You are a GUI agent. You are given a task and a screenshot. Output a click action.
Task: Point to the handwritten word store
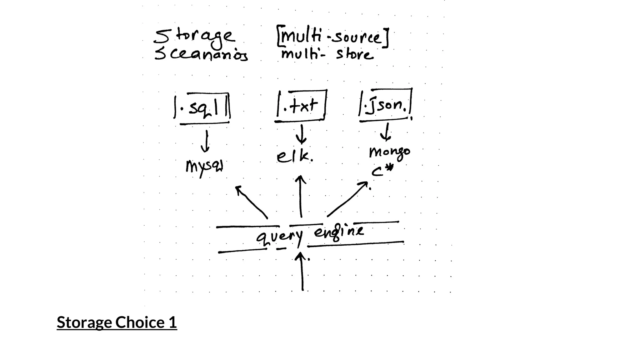point(355,55)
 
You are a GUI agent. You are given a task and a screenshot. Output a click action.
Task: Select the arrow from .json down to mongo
point(387,132)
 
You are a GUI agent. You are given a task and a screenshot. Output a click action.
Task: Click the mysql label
point(204,167)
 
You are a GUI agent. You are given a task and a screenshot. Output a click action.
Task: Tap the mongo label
point(389,152)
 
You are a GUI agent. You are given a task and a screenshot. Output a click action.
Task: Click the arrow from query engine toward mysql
point(251,202)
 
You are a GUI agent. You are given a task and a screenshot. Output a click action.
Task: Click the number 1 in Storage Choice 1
point(173,322)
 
